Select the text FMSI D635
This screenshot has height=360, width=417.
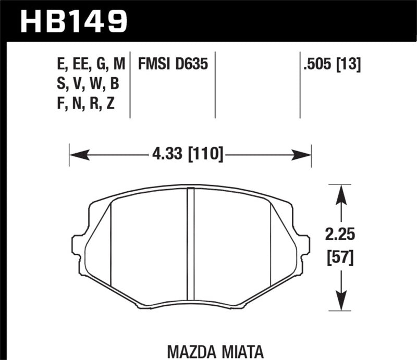click(x=173, y=65)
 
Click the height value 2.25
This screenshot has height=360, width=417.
click(x=341, y=235)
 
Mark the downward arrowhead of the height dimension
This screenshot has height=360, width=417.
click(x=341, y=301)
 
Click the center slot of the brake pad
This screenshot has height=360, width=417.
click(x=190, y=245)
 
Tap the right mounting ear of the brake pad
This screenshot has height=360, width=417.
click(x=304, y=245)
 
